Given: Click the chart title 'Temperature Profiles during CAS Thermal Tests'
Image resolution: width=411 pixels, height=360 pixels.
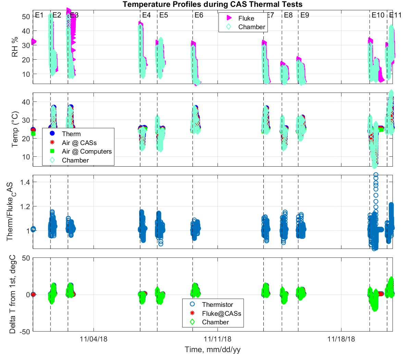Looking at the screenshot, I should (212, 4).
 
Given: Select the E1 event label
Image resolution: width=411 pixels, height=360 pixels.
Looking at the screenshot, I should (39, 15).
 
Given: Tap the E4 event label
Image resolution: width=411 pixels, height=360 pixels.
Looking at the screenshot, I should (146, 15).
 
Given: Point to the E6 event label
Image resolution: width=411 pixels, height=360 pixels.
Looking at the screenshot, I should (199, 15).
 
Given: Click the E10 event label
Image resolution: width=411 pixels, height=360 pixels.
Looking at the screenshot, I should (378, 15).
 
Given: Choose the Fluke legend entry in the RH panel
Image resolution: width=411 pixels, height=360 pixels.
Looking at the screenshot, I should (246, 18).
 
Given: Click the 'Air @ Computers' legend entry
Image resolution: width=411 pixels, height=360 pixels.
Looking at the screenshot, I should (87, 151).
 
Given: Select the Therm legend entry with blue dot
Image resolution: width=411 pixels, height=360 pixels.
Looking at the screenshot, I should (71, 134).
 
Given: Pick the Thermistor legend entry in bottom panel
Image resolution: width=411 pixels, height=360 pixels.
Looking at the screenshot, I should (217, 304).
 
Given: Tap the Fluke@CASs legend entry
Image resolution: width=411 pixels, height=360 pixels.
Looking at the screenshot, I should (221, 313).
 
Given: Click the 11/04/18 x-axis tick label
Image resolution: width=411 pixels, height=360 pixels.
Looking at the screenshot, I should (94, 339).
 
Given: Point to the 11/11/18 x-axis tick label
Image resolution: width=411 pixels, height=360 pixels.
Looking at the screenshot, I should (217, 339).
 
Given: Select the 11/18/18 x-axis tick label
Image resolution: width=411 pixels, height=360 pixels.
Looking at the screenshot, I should (341, 339).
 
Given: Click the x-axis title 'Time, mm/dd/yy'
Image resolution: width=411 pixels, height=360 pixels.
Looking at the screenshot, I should (212, 350).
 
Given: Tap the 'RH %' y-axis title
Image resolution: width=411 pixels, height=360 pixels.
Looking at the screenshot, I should (15, 47).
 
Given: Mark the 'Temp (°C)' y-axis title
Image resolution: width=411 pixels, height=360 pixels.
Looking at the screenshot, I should (15, 130).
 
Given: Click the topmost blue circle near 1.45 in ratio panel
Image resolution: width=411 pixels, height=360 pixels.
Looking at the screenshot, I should (376, 175).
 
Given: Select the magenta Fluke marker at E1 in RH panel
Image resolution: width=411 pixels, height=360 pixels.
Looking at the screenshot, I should (34, 42).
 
